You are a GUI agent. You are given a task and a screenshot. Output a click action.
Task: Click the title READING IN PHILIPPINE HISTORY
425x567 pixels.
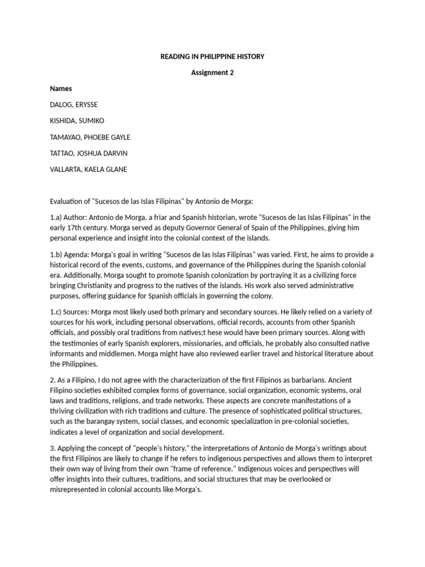coord(212,56)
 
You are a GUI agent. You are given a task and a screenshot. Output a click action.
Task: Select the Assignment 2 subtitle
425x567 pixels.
coord(212,73)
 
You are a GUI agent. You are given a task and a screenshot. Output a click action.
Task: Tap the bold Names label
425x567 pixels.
coord(60,89)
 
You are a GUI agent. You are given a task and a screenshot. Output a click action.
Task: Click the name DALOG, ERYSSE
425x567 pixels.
coord(75,105)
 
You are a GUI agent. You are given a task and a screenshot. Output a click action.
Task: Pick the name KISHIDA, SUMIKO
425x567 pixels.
coord(76,121)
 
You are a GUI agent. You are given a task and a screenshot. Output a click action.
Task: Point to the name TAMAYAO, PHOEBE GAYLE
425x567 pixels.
coord(90,137)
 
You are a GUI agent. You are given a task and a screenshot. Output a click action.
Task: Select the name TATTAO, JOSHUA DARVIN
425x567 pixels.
coord(88,153)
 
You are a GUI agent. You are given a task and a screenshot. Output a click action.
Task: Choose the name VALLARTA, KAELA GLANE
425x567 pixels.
coord(88,169)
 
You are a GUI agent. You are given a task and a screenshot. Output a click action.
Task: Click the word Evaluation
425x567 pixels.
coord(68,201)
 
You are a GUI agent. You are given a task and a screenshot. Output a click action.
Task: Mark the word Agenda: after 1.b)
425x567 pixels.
coord(81,254)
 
